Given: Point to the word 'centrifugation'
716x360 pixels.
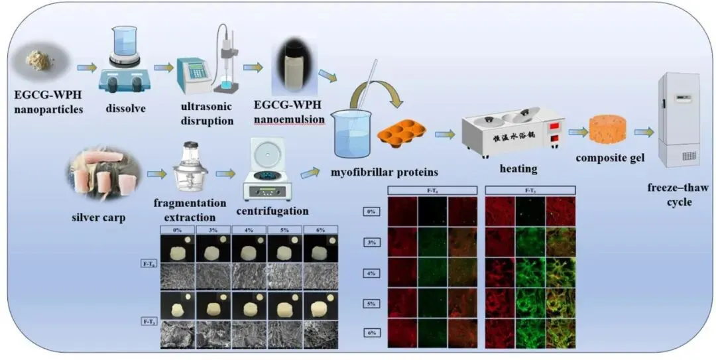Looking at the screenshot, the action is click(x=272, y=211).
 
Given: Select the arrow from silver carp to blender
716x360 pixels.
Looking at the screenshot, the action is click(x=157, y=174).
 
